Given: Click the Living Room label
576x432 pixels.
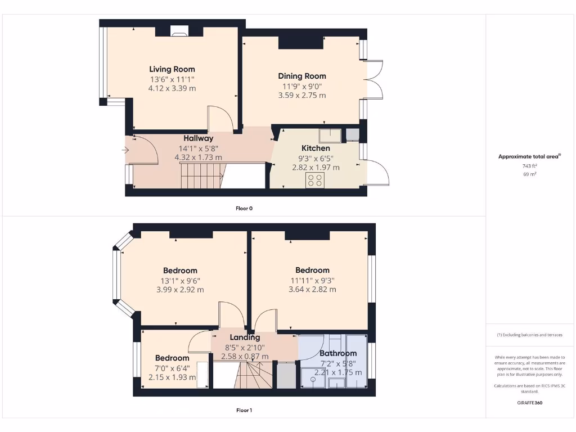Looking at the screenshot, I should click(172, 69).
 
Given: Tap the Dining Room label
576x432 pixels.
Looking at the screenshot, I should click(302, 76).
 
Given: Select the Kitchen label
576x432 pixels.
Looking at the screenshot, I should click(316, 148).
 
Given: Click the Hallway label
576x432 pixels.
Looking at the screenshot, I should click(198, 138).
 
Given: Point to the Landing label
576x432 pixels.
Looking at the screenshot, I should click(245, 337).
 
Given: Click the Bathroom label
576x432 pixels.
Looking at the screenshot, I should click(338, 353).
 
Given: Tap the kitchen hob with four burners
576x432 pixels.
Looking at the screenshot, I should click(314, 180).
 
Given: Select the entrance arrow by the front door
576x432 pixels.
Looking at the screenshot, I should click(124, 150).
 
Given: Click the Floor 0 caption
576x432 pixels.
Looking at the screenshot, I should click(244, 208).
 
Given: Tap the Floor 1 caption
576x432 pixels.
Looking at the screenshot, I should click(244, 410).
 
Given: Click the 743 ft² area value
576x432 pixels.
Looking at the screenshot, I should click(529, 166).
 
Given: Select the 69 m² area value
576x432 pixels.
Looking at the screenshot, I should click(529, 175).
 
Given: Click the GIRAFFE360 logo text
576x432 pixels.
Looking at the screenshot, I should click(529, 403).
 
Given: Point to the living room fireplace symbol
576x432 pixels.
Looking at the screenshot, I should click(179, 33).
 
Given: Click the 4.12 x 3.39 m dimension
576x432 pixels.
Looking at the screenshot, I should click(172, 88).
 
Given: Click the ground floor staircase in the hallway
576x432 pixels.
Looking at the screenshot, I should click(201, 174).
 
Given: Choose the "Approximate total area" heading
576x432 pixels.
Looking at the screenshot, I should click(529, 156).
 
